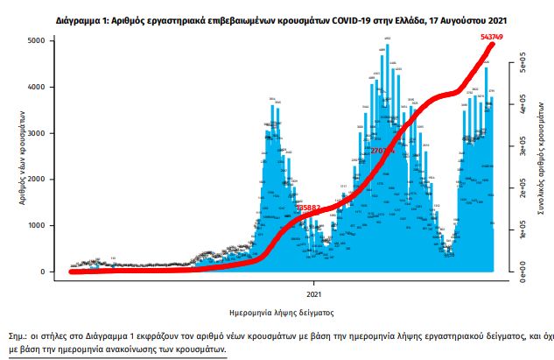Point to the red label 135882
312,208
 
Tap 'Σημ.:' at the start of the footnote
22,335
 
